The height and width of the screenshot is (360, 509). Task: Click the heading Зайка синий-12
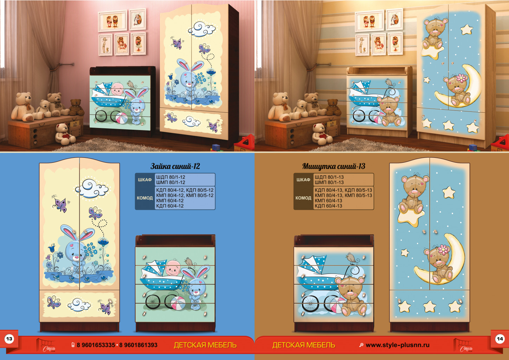[x=175, y=166]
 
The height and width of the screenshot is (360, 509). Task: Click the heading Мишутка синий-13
[x=334, y=166]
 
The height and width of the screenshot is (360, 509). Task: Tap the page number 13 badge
[x=9, y=339]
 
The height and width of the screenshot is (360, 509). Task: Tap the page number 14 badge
[x=500, y=339]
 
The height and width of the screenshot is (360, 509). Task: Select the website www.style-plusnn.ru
[x=398, y=345]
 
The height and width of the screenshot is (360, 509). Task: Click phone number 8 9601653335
[x=96, y=345]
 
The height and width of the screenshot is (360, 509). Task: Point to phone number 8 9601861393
[x=138, y=345]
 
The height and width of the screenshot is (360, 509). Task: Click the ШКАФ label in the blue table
[x=145, y=180]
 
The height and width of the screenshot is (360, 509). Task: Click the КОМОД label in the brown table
[x=303, y=198]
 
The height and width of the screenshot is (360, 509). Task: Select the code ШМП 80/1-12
[x=170, y=182]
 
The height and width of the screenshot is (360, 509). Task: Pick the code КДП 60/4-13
[x=328, y=206]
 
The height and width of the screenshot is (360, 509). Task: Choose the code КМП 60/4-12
[x=170, y=201]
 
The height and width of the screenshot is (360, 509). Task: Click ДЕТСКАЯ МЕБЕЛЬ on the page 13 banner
[x=205, y=345]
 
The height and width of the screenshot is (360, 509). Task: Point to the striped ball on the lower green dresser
[x=178, y=303]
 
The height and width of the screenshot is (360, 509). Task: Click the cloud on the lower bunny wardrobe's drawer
[x=79, y=304]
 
